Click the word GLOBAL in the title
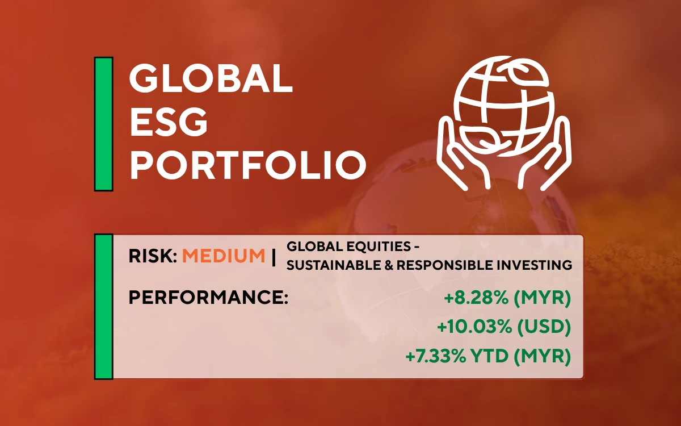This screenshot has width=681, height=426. pyautogui.click(x=211, y=78)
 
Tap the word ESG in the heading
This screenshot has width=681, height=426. pyautogui.click(x=169, y=122)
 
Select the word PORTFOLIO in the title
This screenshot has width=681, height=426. pyautogui.click(x=248, y=165)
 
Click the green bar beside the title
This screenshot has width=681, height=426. pyautogui.click(x=104, y=124)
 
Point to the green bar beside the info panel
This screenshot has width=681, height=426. pyautogui.click(x=104, y=306)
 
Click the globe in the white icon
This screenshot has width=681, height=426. pyautogui.click(x=504, y=106)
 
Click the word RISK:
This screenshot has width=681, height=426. pyautogui.click(x=153, y=256)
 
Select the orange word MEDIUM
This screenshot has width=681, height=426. pyautogui.click(x=224, y=256)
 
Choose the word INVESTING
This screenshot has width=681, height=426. pyautogui.click(x=535, y=265)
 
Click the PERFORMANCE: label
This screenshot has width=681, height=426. pyautogui.click(x=208, y=297)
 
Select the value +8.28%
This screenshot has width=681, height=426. pyautogui.click(x=476, y=298)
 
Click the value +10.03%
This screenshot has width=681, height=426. pyautogui.click(x=474, y=327)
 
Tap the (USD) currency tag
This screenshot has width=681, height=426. pyautogui.click(x=544, y=327)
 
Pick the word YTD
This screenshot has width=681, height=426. pyautogui.click(x=489, y=356)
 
